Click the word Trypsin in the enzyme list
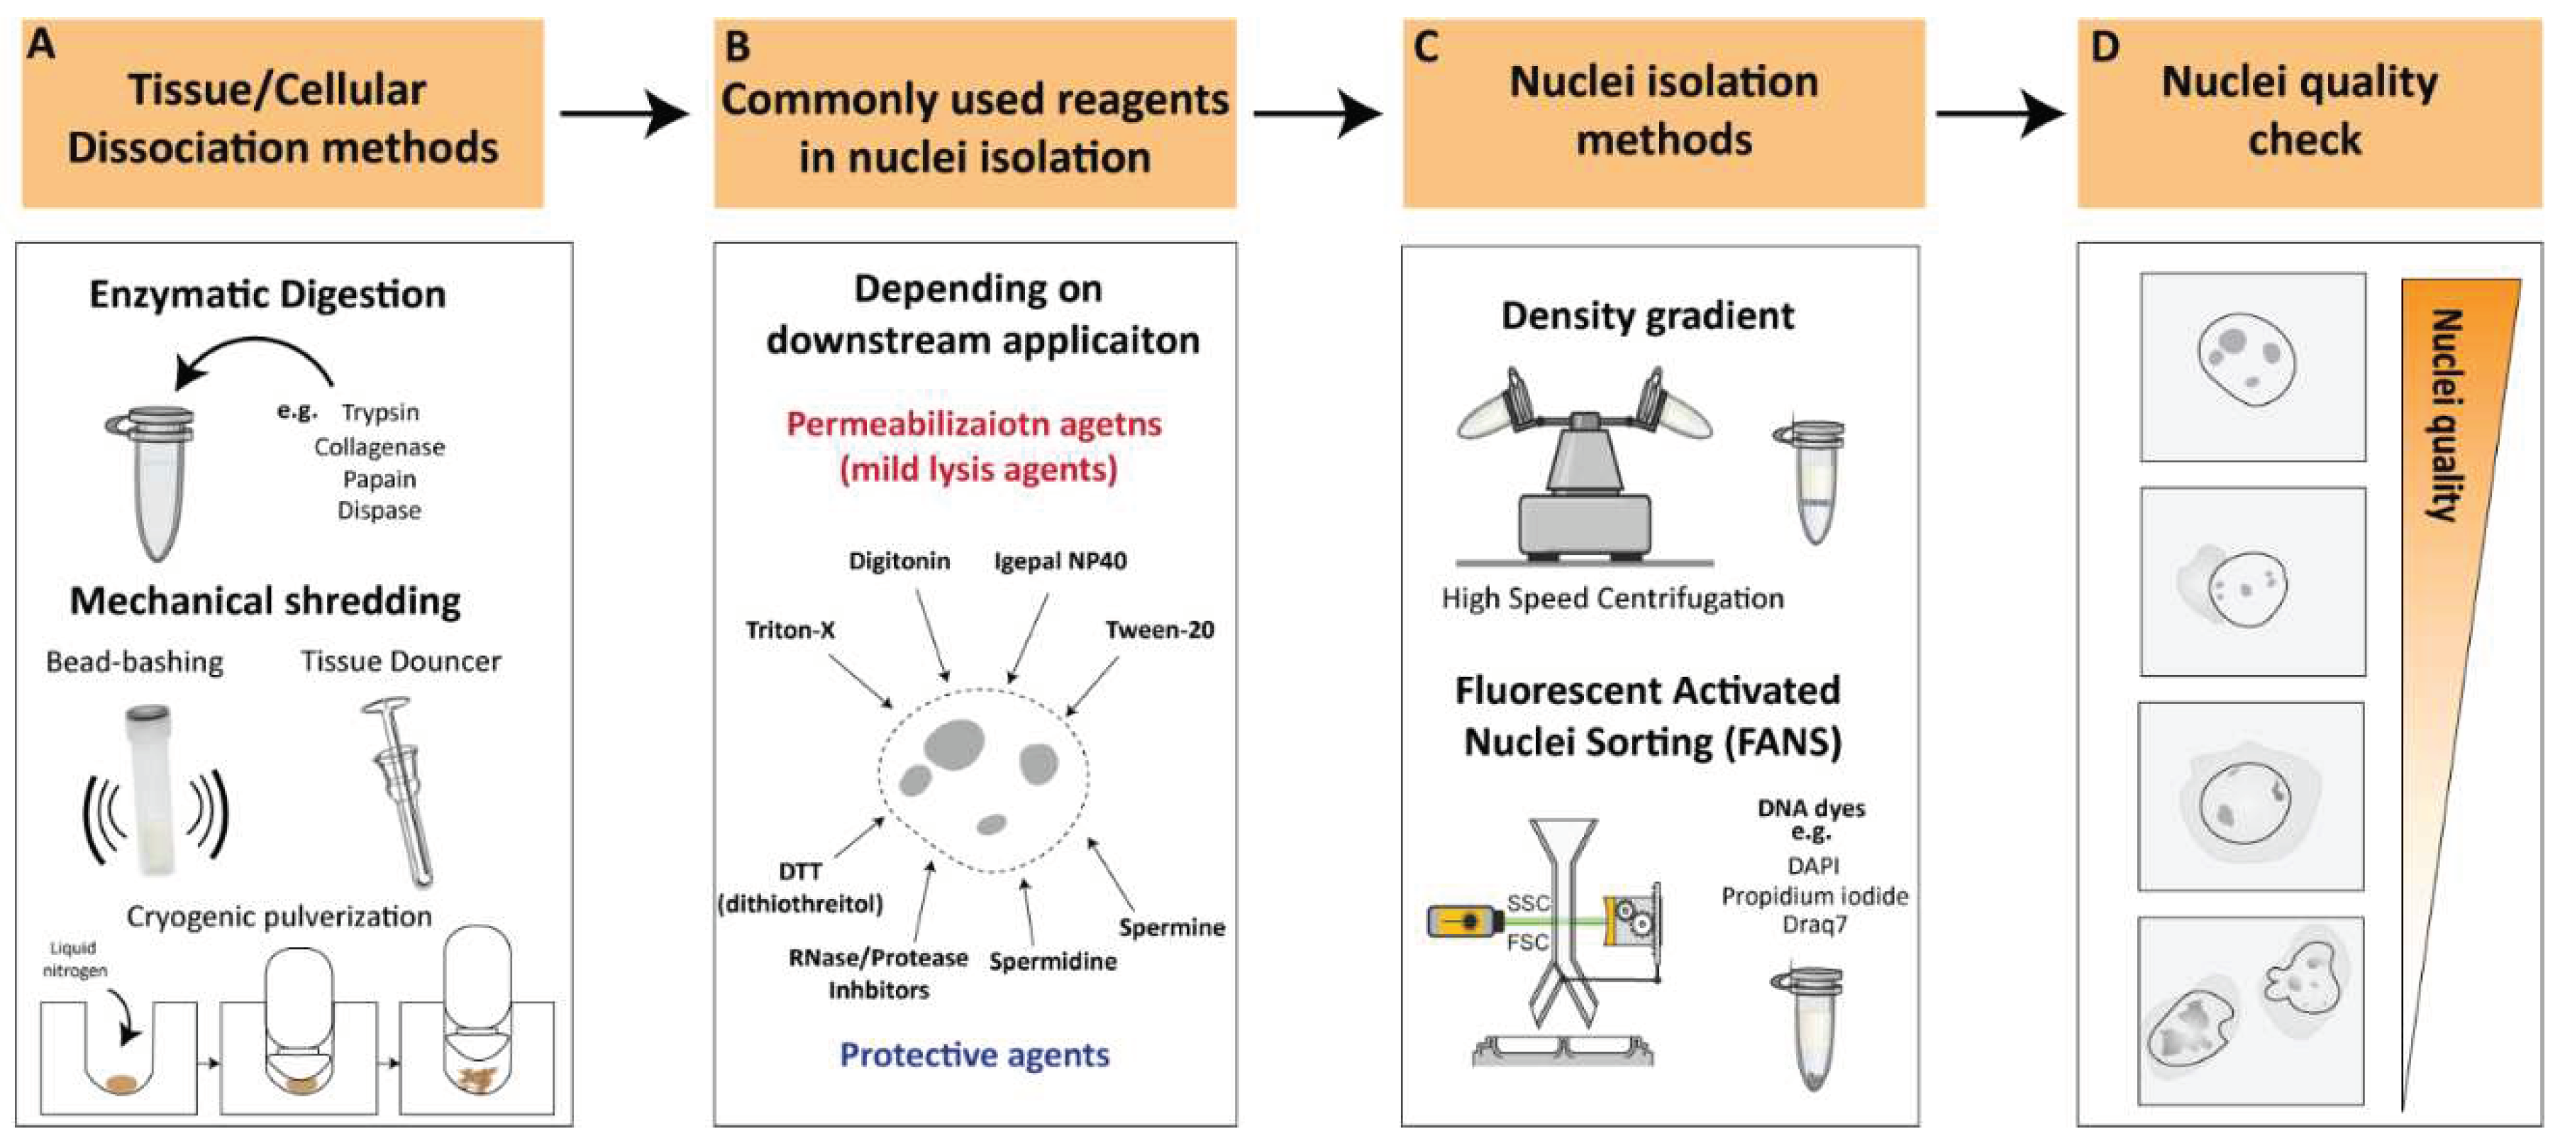point(380,412)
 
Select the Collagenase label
point(380,447)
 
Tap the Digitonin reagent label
point(899,561)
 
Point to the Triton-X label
point(791,630)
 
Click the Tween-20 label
point(1159,629)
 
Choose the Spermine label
point(1171,927)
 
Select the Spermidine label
point(1053,962)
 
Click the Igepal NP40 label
point(1060,561)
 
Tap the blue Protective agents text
point(974,1054)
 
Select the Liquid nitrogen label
point(74,959)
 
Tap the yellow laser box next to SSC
point(1465,922)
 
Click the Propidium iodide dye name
point(1815,896)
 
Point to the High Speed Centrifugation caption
point(1612,598)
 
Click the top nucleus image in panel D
point(2252,366)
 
